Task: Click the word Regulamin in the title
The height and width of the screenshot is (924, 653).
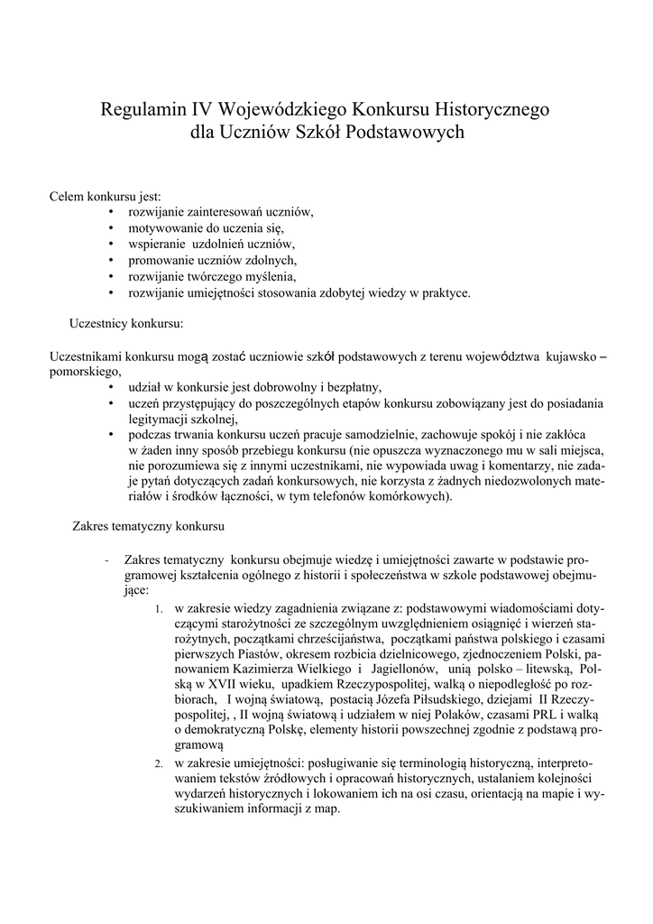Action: [x=143, y=111]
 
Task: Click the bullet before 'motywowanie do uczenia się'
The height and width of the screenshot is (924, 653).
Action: [x=110, y=228]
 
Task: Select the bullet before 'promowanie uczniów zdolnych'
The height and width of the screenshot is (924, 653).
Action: [x=110, y=261]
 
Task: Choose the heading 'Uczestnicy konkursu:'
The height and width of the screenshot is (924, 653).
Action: [x=126, y=322]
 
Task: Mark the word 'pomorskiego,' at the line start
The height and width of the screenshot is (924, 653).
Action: [x=85, y=371]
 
